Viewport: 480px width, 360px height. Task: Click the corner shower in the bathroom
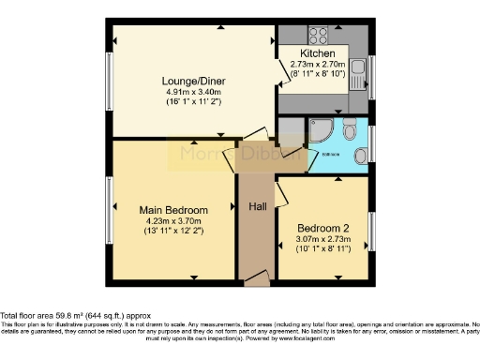click(x=319, y=130)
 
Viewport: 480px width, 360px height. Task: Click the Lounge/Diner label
click(x=192, y=81)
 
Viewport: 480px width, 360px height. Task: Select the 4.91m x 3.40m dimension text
click(x=192, y=92)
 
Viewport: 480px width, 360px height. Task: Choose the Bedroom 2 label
click(x=323, y=228)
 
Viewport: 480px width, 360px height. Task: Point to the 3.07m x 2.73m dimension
click(x=323, y=238)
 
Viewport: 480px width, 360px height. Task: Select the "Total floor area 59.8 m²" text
click(x=56, y=316)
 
